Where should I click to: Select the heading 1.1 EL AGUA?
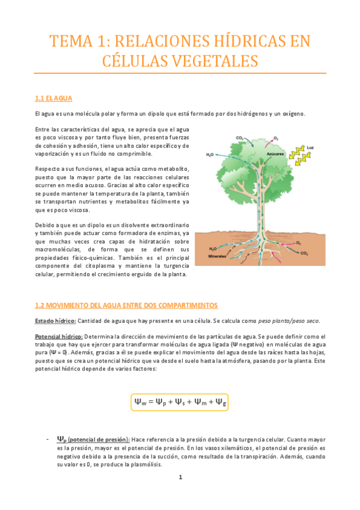click(54, 97)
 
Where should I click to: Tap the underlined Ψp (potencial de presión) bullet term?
click(93, 439)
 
